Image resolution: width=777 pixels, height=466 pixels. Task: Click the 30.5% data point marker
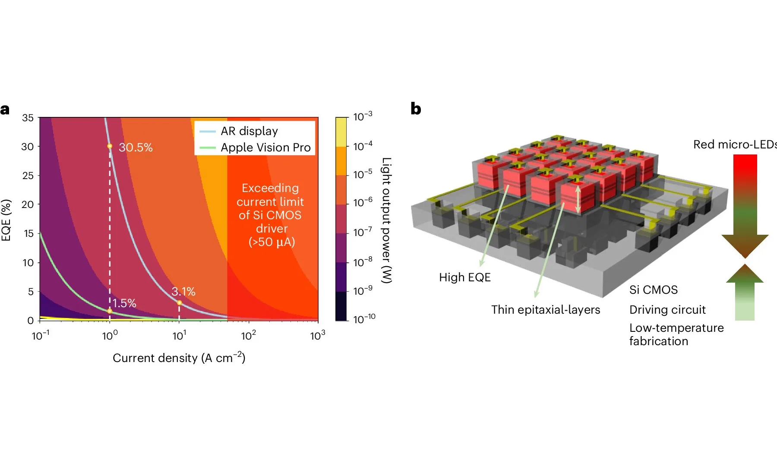tap(110, 146)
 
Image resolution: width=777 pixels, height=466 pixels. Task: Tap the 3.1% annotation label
tap(183, 292)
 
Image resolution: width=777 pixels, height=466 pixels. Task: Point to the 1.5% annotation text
tap(124, 303)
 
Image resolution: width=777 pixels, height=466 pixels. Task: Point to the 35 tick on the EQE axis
tap(28, 118)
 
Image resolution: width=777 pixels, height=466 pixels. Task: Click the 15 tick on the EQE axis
tap(28, 233)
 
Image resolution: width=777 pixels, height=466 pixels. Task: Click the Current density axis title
tap(179, 358)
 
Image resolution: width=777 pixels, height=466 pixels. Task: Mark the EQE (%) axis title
tap(6, 220)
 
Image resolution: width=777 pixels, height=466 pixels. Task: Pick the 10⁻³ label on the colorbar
tap(363, 116)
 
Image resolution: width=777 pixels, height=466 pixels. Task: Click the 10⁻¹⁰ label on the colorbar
tap(364, 319)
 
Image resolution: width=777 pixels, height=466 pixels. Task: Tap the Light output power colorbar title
tap(386, 220)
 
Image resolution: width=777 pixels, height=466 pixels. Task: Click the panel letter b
tap(416, 109)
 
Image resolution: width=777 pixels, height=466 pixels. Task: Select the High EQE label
tap(464, 277)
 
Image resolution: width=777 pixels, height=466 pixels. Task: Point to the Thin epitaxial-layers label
tap(545, 310)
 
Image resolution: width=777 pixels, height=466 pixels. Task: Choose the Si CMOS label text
tap(653, 290)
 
